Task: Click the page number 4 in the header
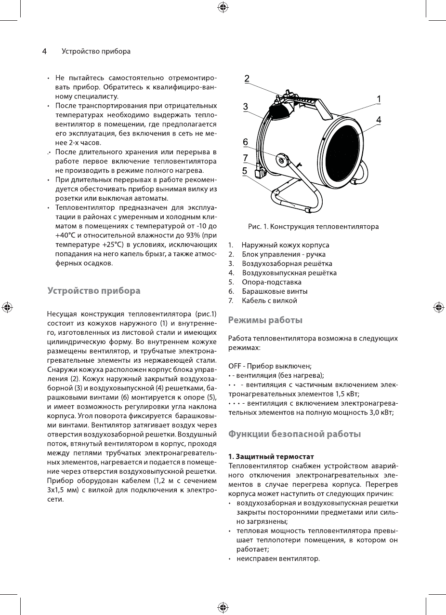click(x=44, y=51)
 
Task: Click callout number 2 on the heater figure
click(x=247, y=79)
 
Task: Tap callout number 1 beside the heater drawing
click(x=379, y=98)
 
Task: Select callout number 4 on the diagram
click(x=379, y=120)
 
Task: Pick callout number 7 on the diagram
click(x=245, y=157)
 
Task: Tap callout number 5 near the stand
click(x=245, y=170)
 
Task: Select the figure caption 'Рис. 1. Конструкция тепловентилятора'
click(x=313, y=226)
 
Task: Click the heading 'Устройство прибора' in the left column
click(x=94, y=291)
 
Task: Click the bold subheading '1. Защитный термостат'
click(x=271, y=456)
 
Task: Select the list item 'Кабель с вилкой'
click(x=269, y=301)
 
